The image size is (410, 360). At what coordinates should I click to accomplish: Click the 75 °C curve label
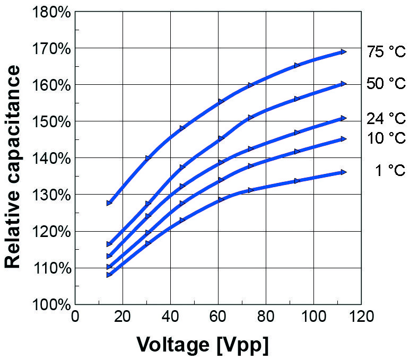[x=386, y=52]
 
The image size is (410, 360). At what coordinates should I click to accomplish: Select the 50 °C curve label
[x=386, y=83]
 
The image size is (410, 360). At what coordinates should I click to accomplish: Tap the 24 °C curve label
[x=386, y=118]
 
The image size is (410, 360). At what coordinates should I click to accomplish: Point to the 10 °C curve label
[x=386, y=138]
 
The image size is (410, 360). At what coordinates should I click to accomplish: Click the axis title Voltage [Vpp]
[x=203, y=345]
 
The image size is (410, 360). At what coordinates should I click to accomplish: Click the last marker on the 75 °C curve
[x=344, y=52]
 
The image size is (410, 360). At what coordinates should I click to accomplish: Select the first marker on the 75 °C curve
[x=109, y=203]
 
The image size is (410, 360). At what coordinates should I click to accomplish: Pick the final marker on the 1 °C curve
[x=344, y=172]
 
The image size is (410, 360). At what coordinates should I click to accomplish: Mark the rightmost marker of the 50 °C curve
[x=344, y=84]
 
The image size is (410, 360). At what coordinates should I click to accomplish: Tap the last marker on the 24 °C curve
[x=344, y=118]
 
